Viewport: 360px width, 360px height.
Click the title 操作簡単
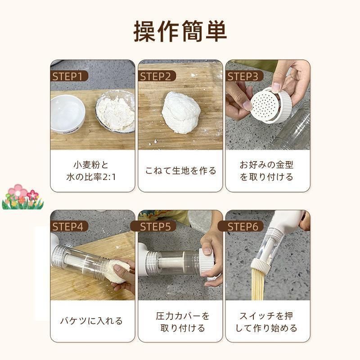coord(180,31)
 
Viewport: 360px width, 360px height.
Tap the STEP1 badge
coord(67,76)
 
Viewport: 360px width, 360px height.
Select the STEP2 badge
coord(155,76)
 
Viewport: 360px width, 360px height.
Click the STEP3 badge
coord(243,76)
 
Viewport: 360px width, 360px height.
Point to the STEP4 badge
coord(67,226)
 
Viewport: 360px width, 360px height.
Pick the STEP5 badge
coord(155,226)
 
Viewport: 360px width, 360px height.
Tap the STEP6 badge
coord(243,226)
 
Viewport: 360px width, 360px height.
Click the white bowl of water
coord(67,112)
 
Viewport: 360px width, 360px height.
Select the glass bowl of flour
coord(115,112)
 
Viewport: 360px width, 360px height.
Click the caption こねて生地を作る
coord(180,171)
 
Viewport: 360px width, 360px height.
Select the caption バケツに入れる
coord(92,321)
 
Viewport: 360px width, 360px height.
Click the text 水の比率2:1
coord(92,177)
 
